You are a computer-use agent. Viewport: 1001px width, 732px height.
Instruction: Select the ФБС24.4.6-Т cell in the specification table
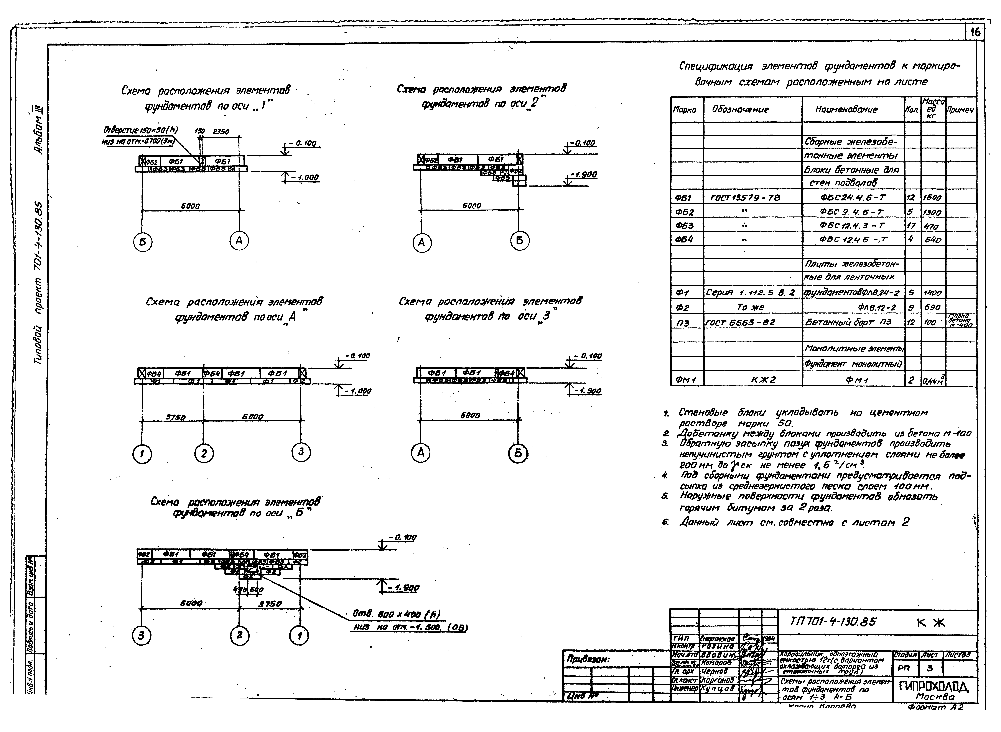(x=852, y=198)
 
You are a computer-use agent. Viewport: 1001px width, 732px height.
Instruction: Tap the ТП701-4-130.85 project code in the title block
(x=833, y=622)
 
